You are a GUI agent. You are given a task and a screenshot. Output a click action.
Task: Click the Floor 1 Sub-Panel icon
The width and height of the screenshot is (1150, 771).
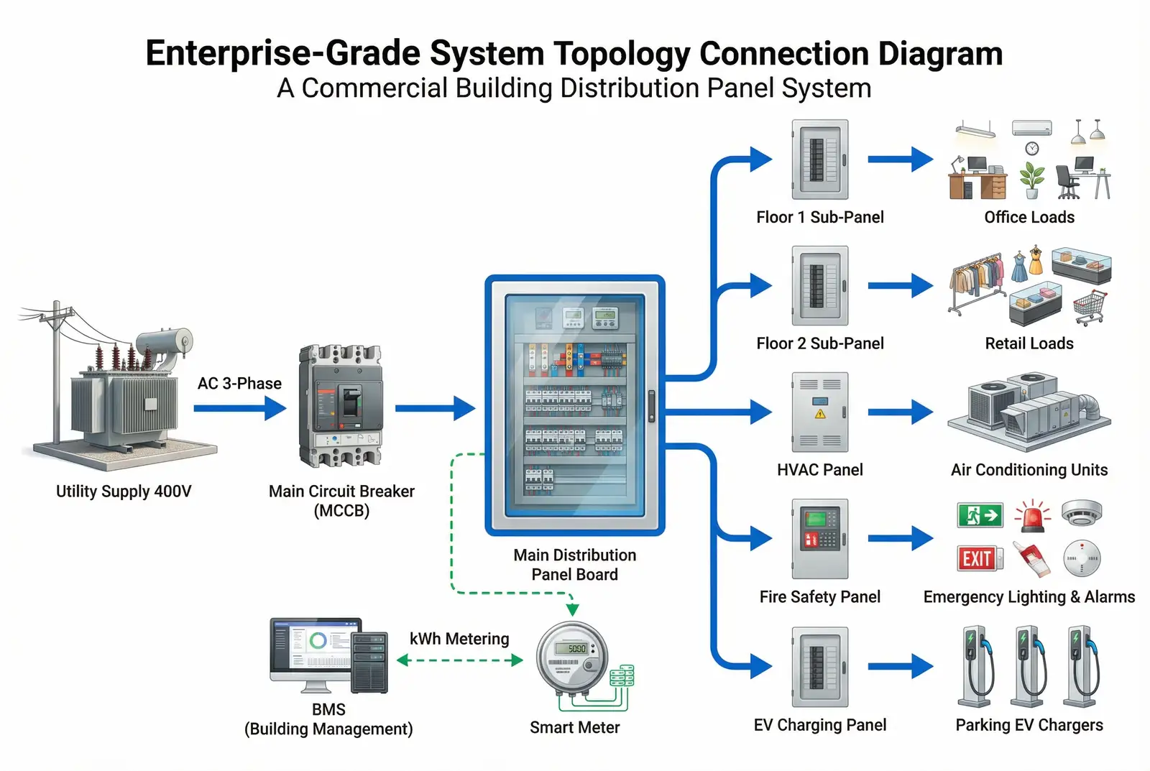tap(820, 160)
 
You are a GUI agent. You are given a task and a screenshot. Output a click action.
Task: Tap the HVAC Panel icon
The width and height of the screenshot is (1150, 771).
tap(820, 412)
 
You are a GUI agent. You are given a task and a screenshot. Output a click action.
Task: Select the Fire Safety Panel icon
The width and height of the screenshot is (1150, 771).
tap(820, 538)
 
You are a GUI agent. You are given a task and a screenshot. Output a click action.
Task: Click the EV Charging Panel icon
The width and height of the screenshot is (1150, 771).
tap(820, 666)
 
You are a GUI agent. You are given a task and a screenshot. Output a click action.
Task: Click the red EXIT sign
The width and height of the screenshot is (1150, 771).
tap(977, 559)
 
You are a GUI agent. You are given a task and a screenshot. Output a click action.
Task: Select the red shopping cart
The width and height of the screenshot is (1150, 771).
tap(1090, 307)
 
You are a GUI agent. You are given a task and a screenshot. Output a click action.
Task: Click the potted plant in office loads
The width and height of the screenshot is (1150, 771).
tap(1032, 180)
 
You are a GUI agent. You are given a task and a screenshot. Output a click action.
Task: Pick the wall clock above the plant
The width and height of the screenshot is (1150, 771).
tap(1032, 149)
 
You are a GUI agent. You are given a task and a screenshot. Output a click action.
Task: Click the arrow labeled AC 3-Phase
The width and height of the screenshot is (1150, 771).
tap(239, 409)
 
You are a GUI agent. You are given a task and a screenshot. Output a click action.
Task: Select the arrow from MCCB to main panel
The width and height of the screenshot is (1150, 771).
tap(435, 409)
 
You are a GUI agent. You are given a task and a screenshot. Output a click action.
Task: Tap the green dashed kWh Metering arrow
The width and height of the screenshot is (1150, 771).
tap(460, 660)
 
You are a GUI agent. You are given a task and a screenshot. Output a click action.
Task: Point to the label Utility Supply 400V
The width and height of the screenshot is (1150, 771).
tap(124, 491)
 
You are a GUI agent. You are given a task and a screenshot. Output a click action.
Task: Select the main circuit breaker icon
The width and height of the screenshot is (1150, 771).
tap(341, 406)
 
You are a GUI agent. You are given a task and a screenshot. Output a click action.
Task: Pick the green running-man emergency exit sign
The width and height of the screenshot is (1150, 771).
tap(980, 514)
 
